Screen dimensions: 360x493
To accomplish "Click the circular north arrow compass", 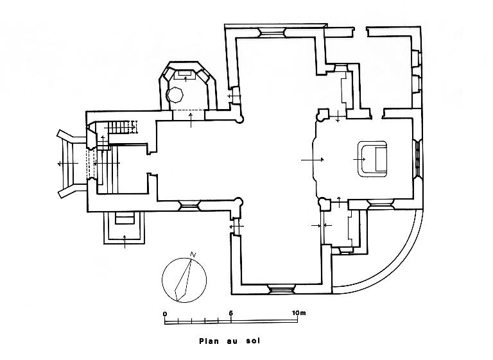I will point(184,279).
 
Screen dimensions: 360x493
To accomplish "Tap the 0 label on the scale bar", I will point(165,313).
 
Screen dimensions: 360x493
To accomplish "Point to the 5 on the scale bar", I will point(230,313).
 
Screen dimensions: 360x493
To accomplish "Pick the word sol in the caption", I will point(252,342).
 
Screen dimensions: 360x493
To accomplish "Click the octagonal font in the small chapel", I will point(175,95).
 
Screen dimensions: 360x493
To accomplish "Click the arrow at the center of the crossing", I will point(314,158).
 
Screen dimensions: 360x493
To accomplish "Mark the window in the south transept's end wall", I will point(282,290).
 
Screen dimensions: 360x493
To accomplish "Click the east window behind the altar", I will point(419,158).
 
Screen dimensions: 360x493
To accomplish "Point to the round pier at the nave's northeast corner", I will point(240,117).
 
